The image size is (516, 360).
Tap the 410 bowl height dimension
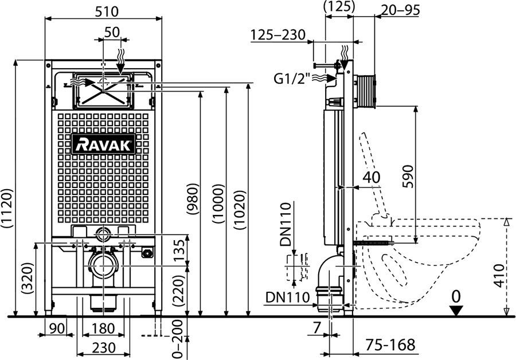[501, 275]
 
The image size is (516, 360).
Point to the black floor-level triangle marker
[455, 311]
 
